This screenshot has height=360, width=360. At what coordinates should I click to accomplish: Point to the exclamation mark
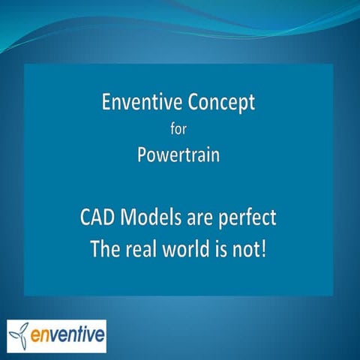point(268,248)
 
